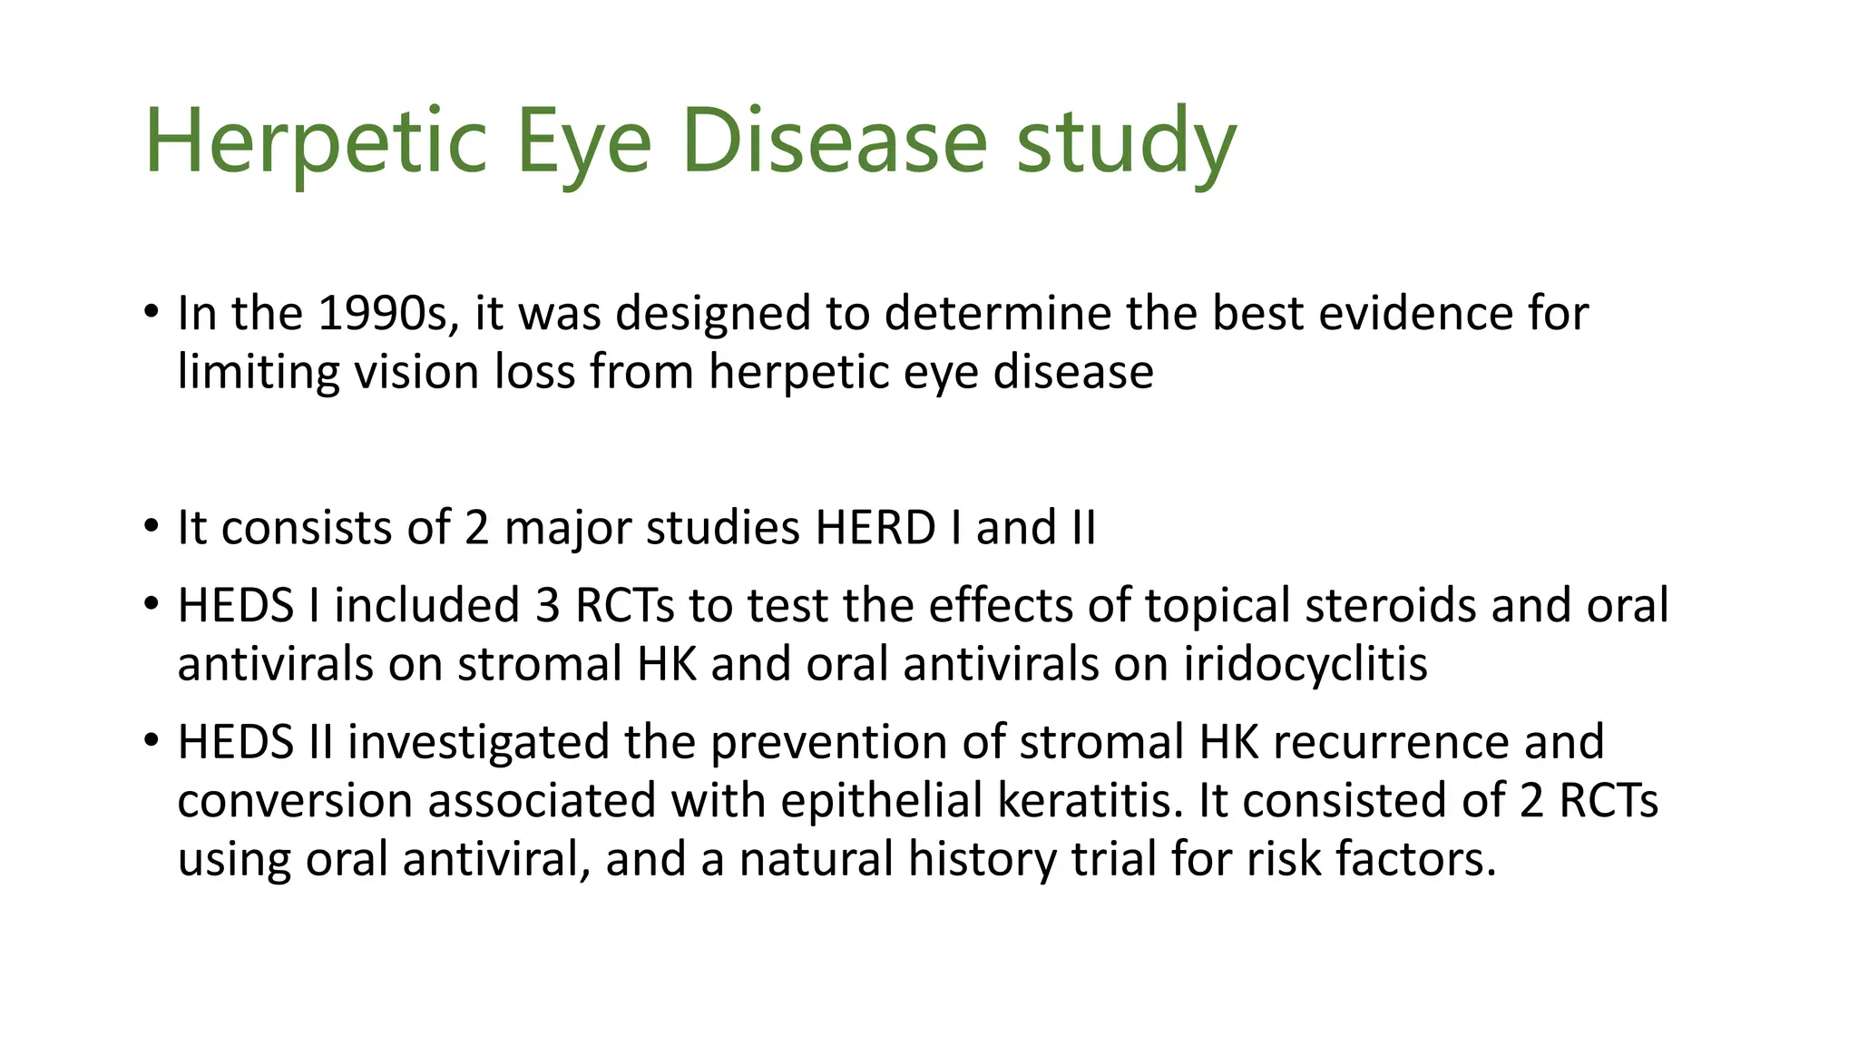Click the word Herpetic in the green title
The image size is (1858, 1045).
[x=316, y=142]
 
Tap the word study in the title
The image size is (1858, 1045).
[x=1126, y=142]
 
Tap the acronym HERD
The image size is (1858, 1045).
[x=875, y=528]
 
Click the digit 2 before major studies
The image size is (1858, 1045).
[x=477, y=528]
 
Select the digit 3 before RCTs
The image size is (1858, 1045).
[x=547, y=606]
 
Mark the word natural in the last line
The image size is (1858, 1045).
[x=817, y=859]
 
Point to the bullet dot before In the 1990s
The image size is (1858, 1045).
[x=151, y=313]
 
